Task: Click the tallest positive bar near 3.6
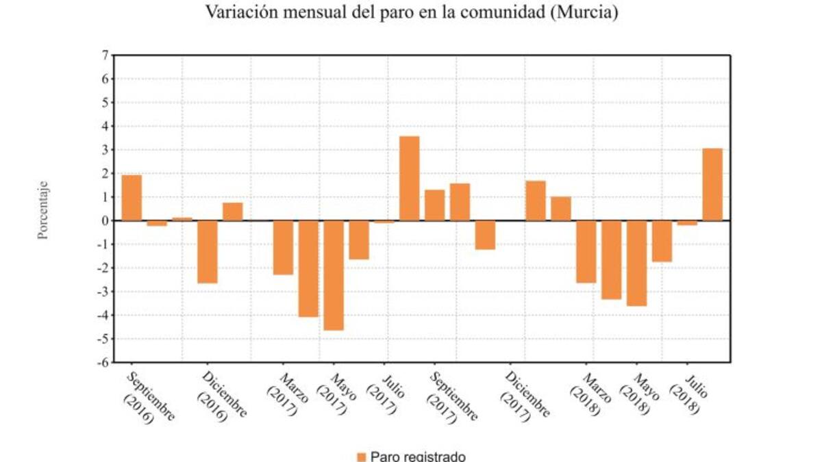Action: [410, 179]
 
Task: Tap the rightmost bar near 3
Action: [712, 185]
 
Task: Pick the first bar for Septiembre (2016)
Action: [132, 198]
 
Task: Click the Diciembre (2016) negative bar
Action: [208, 252]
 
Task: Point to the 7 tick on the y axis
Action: [105, 55]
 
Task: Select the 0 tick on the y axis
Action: [105, 220]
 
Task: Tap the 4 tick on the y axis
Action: [105, 126]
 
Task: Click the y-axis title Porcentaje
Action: [43, 209]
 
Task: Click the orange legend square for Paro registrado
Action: [362, 457]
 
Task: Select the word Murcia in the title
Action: [584, 12]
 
